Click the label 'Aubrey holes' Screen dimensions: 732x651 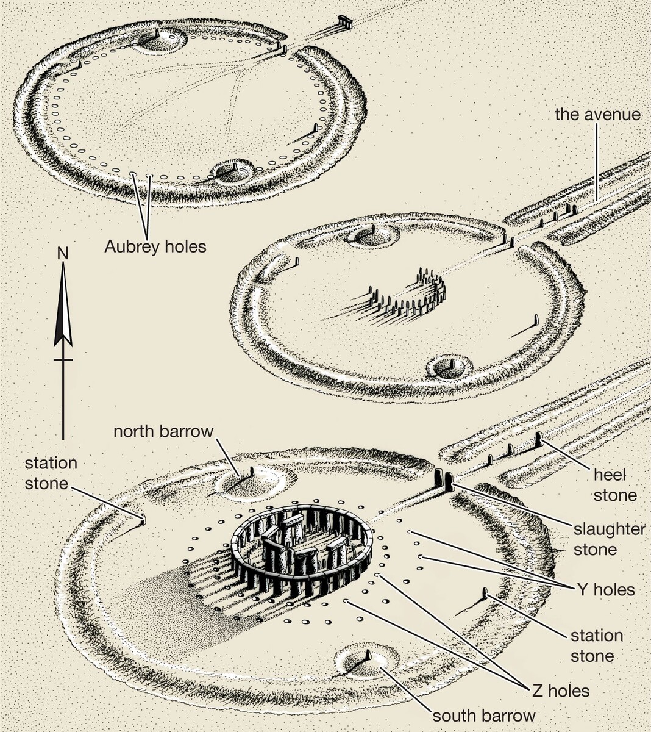click(x=155, y=246)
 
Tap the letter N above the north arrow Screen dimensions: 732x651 click(x=62, y=252)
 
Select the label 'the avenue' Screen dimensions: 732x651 click(x=597, y=114)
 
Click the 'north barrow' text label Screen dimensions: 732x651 click(x=163, y=431)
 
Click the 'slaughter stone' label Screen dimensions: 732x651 click(x=609, y=539)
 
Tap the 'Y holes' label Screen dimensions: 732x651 click(x=605, y=590)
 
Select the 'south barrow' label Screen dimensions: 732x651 click(x=484, y=716)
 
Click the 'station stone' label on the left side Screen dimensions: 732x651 click(x=51, y=473)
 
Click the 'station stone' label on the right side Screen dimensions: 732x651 click(x=596, y=645)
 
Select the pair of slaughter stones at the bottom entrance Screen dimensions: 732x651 click(x=443, y=481)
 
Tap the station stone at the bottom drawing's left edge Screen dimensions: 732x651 click(x=143, y=519)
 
